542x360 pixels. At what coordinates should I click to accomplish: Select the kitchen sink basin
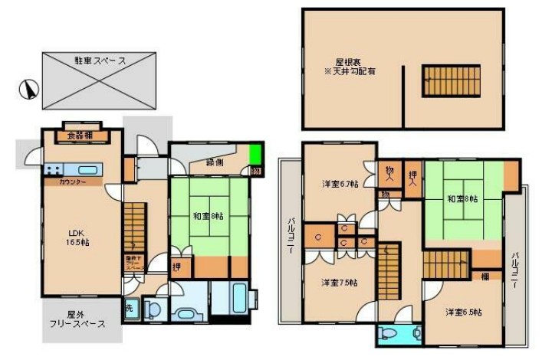87,170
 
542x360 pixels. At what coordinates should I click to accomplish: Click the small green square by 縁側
256,152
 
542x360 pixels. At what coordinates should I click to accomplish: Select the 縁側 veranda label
215,162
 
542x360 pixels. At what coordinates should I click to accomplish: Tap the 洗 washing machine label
129,308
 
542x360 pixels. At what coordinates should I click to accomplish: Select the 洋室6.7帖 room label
340,184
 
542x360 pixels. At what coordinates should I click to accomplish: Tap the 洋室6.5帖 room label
463,312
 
